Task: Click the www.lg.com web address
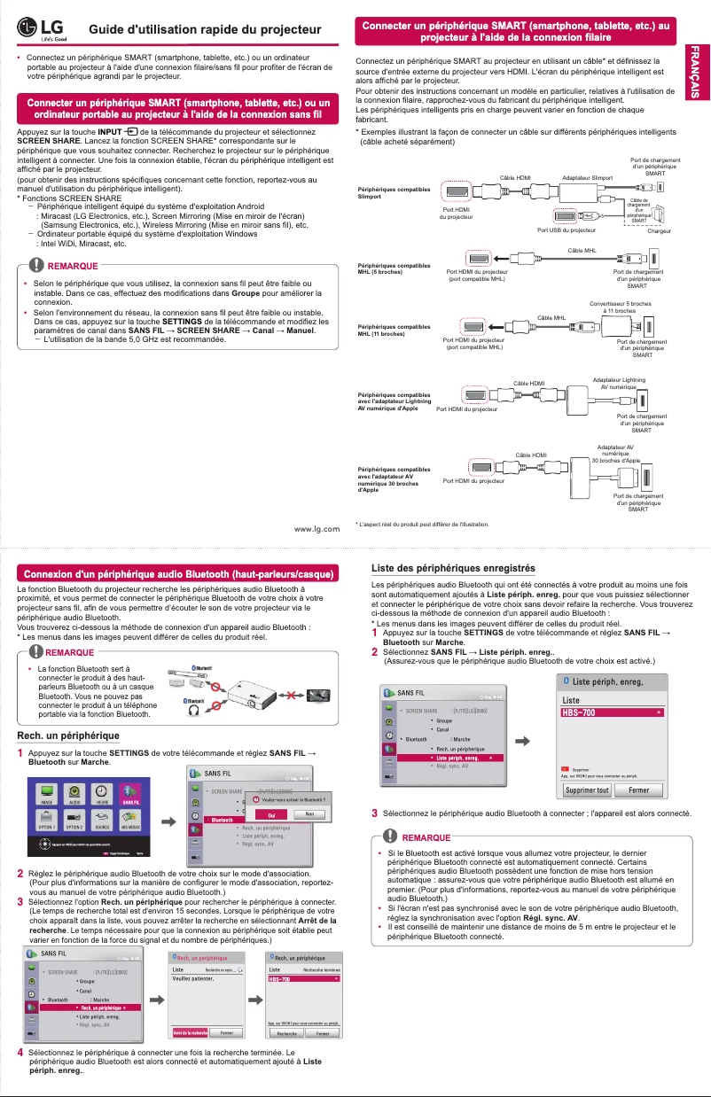tap(316, 529)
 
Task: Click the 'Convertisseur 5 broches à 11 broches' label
tap(621, 307)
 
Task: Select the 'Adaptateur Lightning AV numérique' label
tap(619, 383)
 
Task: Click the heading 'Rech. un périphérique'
tap(68, 735)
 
